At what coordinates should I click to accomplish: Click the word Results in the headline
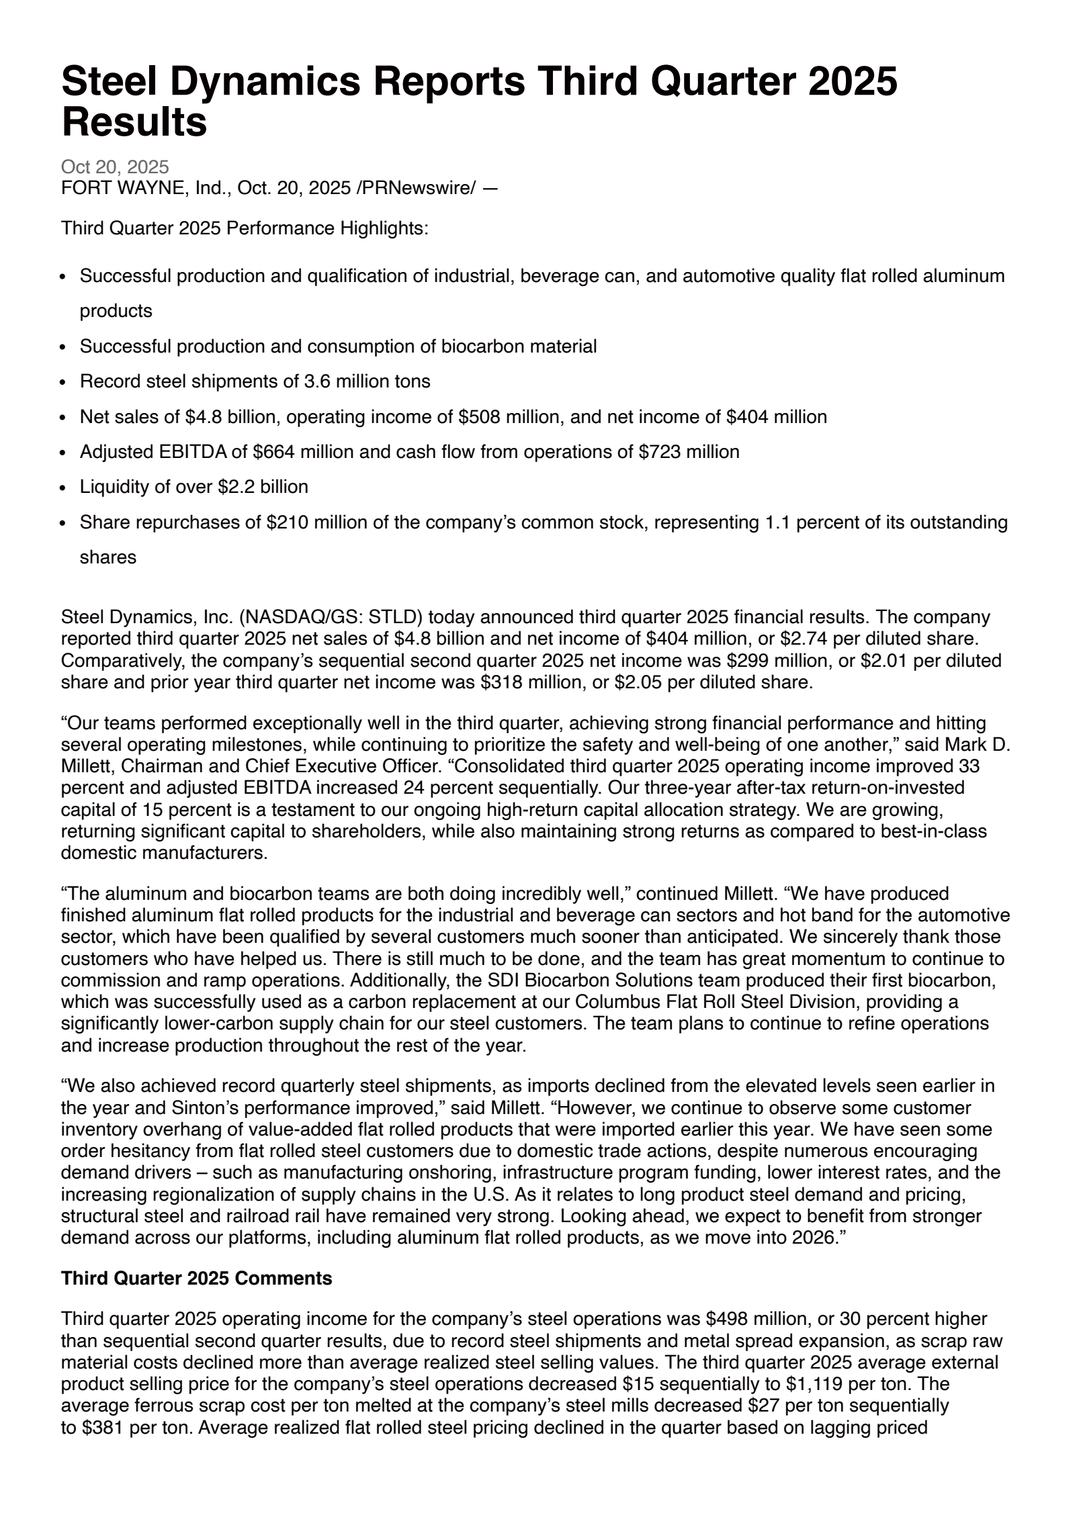[x=134, y=123]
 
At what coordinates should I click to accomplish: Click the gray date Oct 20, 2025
[x=115, y=167]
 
